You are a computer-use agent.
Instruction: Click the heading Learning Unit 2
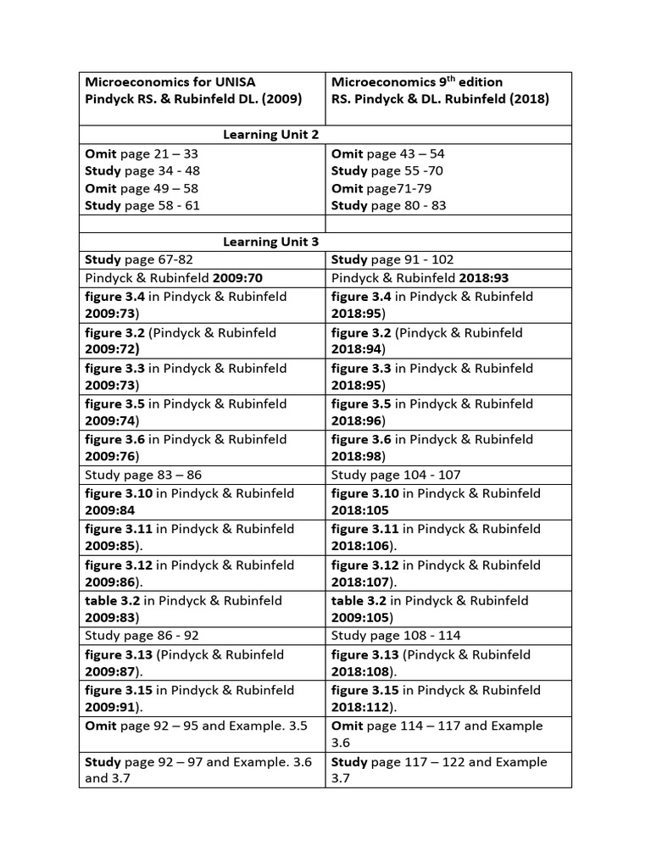(270, 135)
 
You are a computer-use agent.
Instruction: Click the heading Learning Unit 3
(270, 242)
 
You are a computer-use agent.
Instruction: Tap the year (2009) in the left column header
(280, 99)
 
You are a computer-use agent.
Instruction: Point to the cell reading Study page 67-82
(138, 260)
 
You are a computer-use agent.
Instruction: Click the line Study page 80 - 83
(388, 206)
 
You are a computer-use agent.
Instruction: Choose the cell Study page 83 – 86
(143, 475)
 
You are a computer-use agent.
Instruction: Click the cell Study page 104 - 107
(396, 475)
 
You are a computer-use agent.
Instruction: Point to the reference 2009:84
(110, 510)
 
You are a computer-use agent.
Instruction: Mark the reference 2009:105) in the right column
(359, 617)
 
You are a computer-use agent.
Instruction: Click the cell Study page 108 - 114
(396, 636)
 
